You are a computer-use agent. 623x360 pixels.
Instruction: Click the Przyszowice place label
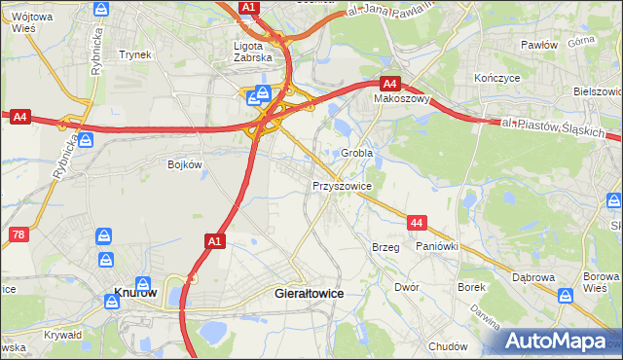[341, 184]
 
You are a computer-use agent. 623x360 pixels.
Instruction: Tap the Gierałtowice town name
[311, 292]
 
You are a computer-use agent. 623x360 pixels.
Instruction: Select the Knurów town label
[135, 292]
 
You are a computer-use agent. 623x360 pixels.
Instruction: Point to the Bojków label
[184, 164]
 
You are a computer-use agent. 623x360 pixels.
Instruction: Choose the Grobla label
[357, 154]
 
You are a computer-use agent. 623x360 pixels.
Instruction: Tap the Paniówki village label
[437, 247]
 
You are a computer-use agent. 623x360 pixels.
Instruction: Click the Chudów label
[448, 345]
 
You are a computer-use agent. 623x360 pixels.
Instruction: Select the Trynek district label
[134, 54]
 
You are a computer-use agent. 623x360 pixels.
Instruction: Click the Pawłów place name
[538, 45]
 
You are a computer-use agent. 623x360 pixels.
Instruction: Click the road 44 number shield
[417, 224]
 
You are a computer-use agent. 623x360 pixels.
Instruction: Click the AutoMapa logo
[560, 341]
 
